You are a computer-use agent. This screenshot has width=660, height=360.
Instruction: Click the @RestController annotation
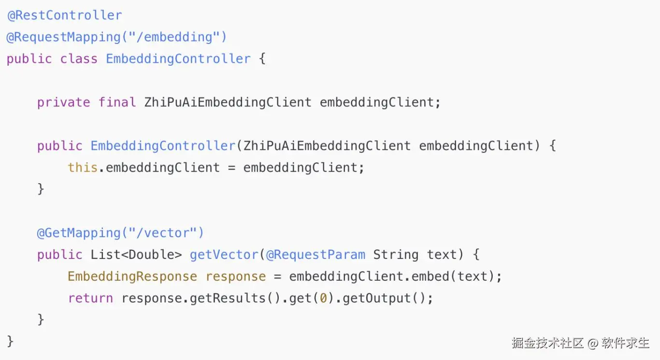point(64,15)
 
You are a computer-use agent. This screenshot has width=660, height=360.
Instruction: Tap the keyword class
point(79,59)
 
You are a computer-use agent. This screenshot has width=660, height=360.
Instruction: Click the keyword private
point(64,102)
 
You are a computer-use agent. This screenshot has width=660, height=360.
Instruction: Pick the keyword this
point(83,168)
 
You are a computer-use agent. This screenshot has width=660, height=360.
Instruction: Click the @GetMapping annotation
point(79,233)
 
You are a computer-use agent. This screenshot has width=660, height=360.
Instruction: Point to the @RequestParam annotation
point(316,255)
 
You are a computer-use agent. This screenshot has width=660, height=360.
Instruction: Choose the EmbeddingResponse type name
point(132,276)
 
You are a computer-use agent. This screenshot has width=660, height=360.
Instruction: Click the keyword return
point(90,298)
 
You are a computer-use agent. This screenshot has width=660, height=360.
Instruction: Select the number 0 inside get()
point(323,298)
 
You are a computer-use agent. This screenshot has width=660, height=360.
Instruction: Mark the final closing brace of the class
point(10,341)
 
